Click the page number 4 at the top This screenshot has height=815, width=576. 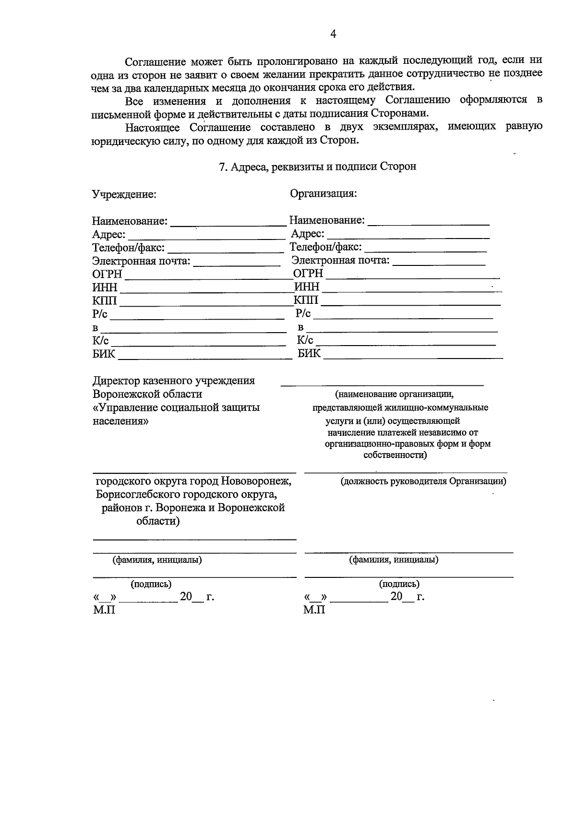[333, 34]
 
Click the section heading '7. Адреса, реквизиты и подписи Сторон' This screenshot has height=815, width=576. [317, 167]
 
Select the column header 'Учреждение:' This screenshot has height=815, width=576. [124, 194]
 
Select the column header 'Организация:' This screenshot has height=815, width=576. [323, 193]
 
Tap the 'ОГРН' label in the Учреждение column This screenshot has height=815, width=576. [108, 274]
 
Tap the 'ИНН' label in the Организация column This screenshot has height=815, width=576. [307, 287]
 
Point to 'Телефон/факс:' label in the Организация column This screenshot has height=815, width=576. [326, 247]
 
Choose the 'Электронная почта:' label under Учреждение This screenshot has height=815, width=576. [141, 261]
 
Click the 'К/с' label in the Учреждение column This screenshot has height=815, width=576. [101, 341]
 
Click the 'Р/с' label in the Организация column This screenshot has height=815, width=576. [303, 314]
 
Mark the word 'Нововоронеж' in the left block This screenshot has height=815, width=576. [252, 481]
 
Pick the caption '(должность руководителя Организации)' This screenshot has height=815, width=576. [423, 481]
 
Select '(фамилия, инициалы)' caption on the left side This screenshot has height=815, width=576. [157, 560]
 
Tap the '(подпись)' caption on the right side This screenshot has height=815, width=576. [399, 584]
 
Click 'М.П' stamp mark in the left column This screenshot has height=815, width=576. [104, 610]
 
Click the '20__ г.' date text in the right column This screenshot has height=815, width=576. [407, 597]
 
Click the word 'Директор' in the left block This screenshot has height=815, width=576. [116, 381]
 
